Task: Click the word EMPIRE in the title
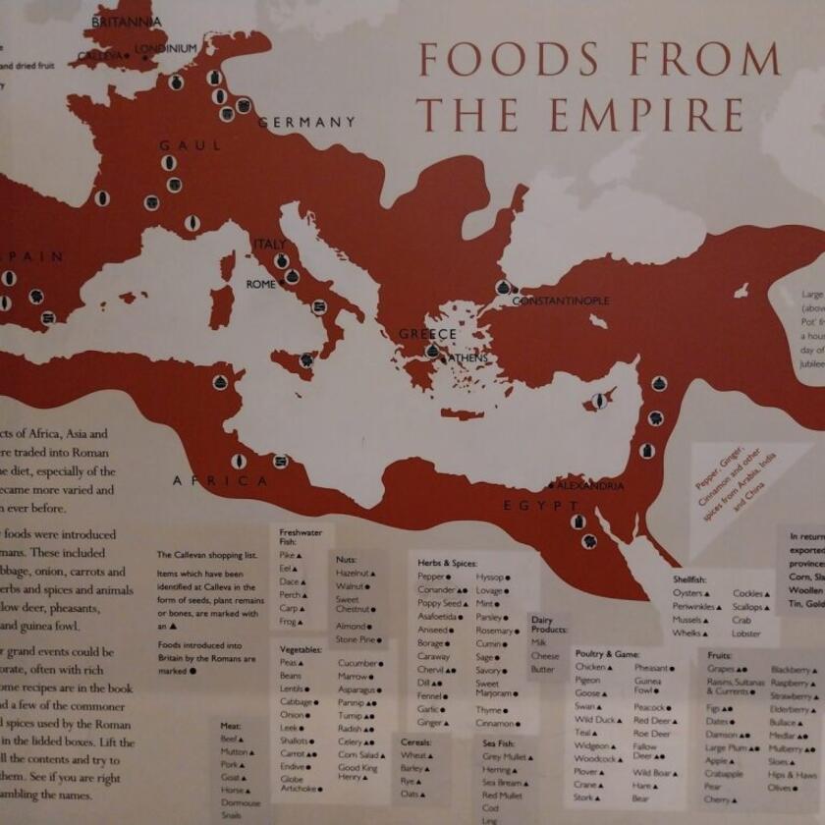[641, 115]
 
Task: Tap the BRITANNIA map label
[127, 22]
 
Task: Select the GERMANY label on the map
[306, 123]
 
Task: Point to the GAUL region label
[185, 145]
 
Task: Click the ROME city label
[261, 285]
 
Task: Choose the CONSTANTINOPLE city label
[560, 301]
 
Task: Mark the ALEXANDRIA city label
[589, 486]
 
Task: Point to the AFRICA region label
[220, 481]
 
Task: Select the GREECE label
[427, 334]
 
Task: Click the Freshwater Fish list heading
[301, 536]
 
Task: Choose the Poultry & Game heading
[607, 653]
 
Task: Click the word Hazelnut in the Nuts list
[353, 572]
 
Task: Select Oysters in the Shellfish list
[687, 593]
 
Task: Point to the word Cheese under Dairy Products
[545, 655]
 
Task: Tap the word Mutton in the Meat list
[234, 751]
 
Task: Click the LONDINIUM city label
[167, 48]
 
